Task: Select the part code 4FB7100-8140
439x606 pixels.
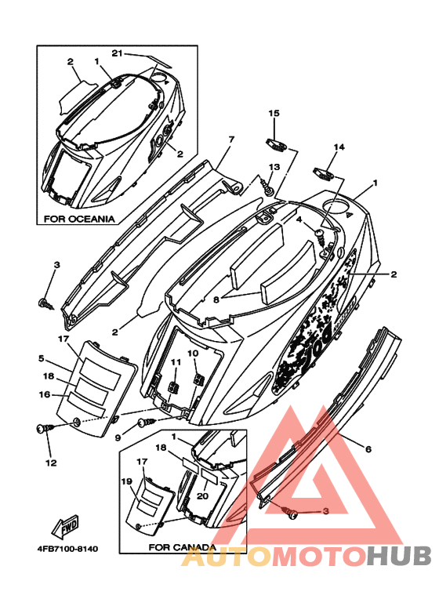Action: click(x=67, y=549)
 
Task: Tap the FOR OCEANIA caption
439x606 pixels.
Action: click(x=79, y=219)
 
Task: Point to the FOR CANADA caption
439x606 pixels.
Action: click(x=182, y=547)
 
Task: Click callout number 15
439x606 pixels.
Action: click(x=274, y=113)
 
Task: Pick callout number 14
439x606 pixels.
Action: click(x=339, y=147)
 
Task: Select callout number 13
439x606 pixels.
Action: click(x=274, y=167)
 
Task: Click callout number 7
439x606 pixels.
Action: click(x=231, y=139)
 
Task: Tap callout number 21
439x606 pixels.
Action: click(x=117, y=53)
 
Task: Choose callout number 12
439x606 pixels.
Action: click(x=52, y=463)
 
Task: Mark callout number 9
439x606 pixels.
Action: click(x=118, y=437)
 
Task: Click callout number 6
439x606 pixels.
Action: click(x=368, y=448)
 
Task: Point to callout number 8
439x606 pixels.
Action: click(x=216, y=299)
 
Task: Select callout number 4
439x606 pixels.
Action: click(x=299, y=220)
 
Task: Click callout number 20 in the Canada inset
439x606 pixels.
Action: click(x=202, y=495)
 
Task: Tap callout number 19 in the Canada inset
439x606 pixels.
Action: click(x=127, y=481)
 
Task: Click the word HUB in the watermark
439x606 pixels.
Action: click(x=399, y=556)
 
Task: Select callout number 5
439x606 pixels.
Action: click(x=41, y=358)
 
